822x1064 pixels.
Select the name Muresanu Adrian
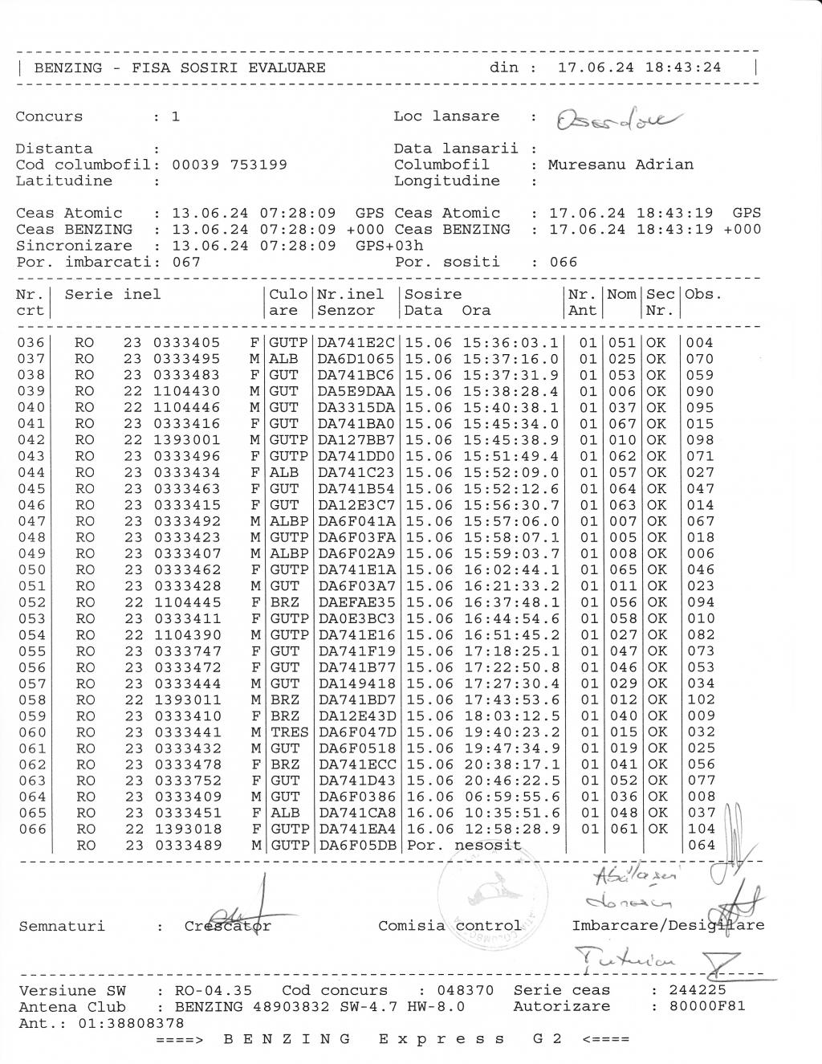click(x=620, y=165)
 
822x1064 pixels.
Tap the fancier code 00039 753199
click(x=230, y=165)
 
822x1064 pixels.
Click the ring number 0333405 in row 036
click(x=187, y=343)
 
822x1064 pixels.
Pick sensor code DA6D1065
click(x=356, y=359)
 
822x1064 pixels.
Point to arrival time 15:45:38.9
click(x=511, y=440)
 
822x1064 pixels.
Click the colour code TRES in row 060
click(x=289, y=732)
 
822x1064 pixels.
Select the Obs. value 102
click(x=701, y=699)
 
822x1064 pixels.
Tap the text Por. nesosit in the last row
click(x=464, y=846)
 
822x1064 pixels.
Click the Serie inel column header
click(x=112, y=295)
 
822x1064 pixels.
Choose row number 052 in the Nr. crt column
click(x=32, y=602)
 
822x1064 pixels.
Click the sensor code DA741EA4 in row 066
click(x=356, y=829)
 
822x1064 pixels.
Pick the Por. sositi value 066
click(x=564, y=262)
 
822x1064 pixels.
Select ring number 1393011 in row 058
click(x=187, y=699)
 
